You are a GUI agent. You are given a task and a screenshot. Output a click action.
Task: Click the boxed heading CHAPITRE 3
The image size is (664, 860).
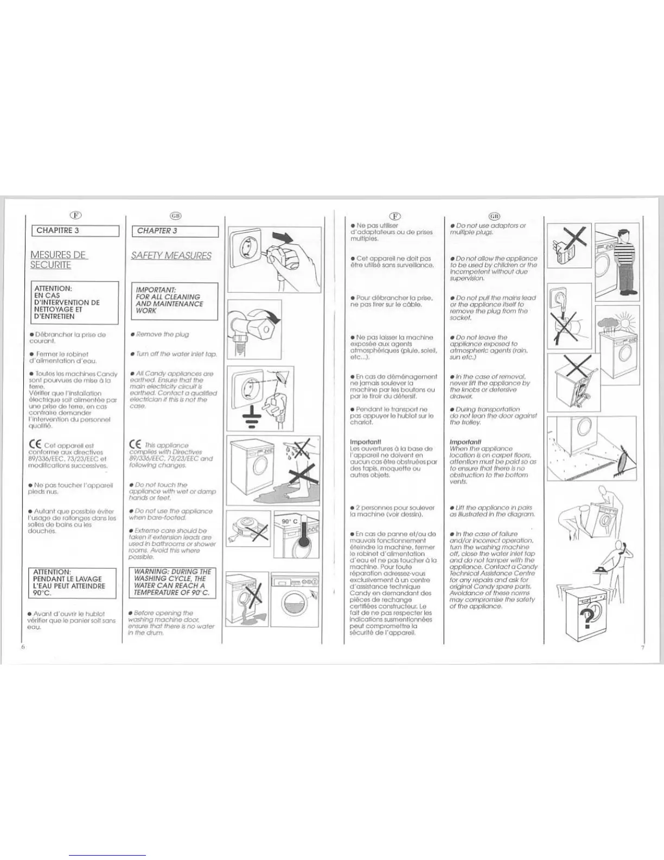click(x=75, y=231)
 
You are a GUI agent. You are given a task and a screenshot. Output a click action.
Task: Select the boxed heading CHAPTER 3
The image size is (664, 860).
click(x=175, y=231)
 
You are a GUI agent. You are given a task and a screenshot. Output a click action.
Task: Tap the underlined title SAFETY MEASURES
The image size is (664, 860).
click(x=171, y=256)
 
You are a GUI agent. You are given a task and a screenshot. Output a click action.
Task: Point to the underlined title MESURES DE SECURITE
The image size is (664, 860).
click(x=58, y=260)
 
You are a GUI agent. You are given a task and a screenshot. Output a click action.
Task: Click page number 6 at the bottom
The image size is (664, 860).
click(x=23, y=647)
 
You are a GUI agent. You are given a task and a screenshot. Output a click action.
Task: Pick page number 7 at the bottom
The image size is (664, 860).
click(x=642, y=647)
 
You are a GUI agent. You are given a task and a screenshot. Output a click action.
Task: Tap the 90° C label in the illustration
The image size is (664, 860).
click(x=289, y=521)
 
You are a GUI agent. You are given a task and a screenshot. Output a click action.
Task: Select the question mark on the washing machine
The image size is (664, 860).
click(x=586, y=617)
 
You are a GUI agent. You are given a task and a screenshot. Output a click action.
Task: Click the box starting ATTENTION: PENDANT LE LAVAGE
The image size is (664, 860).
click(x=72, y=583)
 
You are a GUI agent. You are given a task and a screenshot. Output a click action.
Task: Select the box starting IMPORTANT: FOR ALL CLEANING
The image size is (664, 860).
click(x=174, y=301)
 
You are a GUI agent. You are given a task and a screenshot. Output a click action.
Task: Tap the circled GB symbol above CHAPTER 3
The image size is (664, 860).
click(x=175, y=216)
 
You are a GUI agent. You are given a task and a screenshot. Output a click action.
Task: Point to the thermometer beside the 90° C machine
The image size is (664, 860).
click(x=303, y=535)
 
